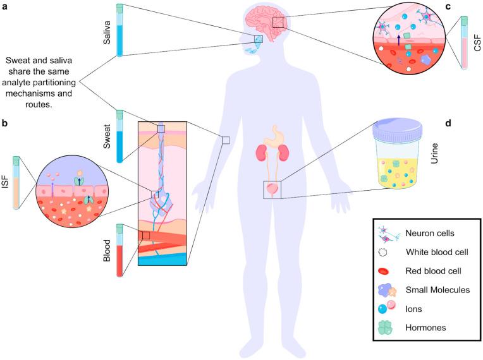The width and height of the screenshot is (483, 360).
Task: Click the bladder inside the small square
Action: tap(272, 188)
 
